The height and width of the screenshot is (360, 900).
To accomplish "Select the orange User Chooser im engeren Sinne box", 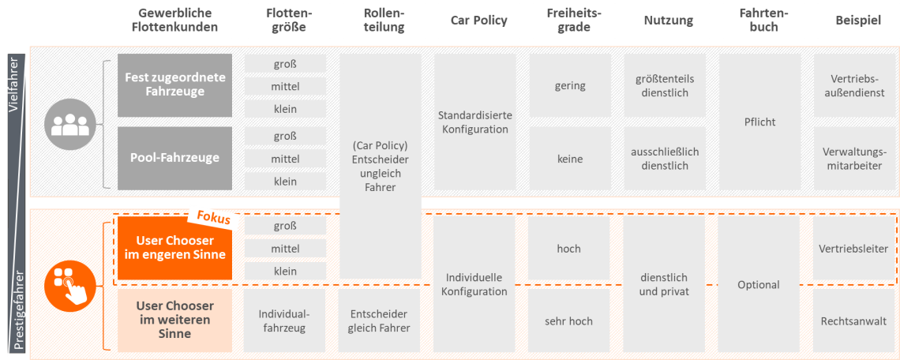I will (x=174, y=247).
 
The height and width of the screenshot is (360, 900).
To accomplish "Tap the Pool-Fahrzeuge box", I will (x=174, y=158).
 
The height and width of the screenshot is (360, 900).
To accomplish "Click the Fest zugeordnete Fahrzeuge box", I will (x=174, y=85).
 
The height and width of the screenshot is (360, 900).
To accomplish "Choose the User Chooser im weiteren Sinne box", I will (x=174, y=320).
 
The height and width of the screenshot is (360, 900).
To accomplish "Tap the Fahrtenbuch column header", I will (x=759, y=21).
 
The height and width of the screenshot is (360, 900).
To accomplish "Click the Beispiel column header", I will (x=858, y=21).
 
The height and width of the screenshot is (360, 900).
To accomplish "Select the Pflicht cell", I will (x=759, y=122).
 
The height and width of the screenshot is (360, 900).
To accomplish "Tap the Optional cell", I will (x=759, y=284).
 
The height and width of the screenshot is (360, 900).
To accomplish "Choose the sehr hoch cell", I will (x=568, y=321).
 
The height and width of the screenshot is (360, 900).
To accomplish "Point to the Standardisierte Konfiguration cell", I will (x=475, y=122).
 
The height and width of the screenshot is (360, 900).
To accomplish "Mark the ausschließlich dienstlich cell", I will (x=667, y=159).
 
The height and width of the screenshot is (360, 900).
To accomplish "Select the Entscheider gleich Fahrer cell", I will (x=379, y=321).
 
